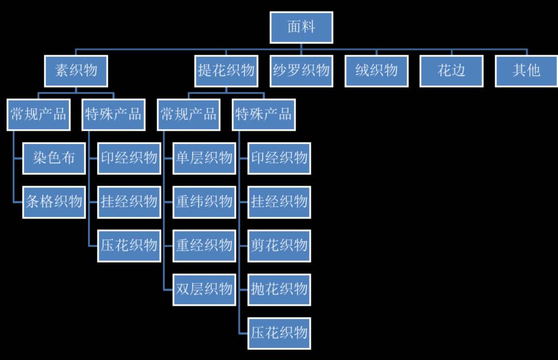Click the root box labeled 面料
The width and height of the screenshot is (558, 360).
pyautogui.click(x=301, y=27)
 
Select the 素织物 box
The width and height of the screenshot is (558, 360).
pyautogui.click(x=76, y=70)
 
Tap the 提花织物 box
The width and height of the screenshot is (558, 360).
pyautogui.click(x=226, y=70)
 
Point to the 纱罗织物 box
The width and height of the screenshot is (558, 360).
pyautogui.click(x=301, y=70)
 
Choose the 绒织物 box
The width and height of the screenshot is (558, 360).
pyautogui.click(x=376, y=70)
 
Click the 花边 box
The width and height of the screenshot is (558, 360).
pyautogui.click(x=451, y=70)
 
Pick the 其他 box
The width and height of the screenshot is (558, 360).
pyautogui.click(x=526, y=70)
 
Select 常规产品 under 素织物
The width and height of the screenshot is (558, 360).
pyautogui.click(x=38, y=114)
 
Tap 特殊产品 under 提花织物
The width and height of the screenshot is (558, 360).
pyautogui.click(x=263, y=114)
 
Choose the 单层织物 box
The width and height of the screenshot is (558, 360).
pyautogui.click(x=204, y=158)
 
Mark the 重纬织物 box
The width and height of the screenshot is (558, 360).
pyautogui.click(x=204, y=201)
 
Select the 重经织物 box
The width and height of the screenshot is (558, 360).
pyautogui.click(x=204, y=245)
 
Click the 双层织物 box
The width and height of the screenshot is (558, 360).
pyautogui.click(x=204, y=289)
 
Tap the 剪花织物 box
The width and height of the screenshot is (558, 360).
pyautogui.click(x=279, y=245)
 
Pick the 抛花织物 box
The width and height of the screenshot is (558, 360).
pyautogui.click(x=279, y=289)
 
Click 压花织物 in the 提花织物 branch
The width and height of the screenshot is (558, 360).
pyautogui.click(x=279, y=333)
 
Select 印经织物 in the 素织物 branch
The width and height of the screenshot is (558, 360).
pyautogui.click(x=129, y=158)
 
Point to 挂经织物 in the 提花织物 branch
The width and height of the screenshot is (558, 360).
pyautogui.click(x=279, y=201)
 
